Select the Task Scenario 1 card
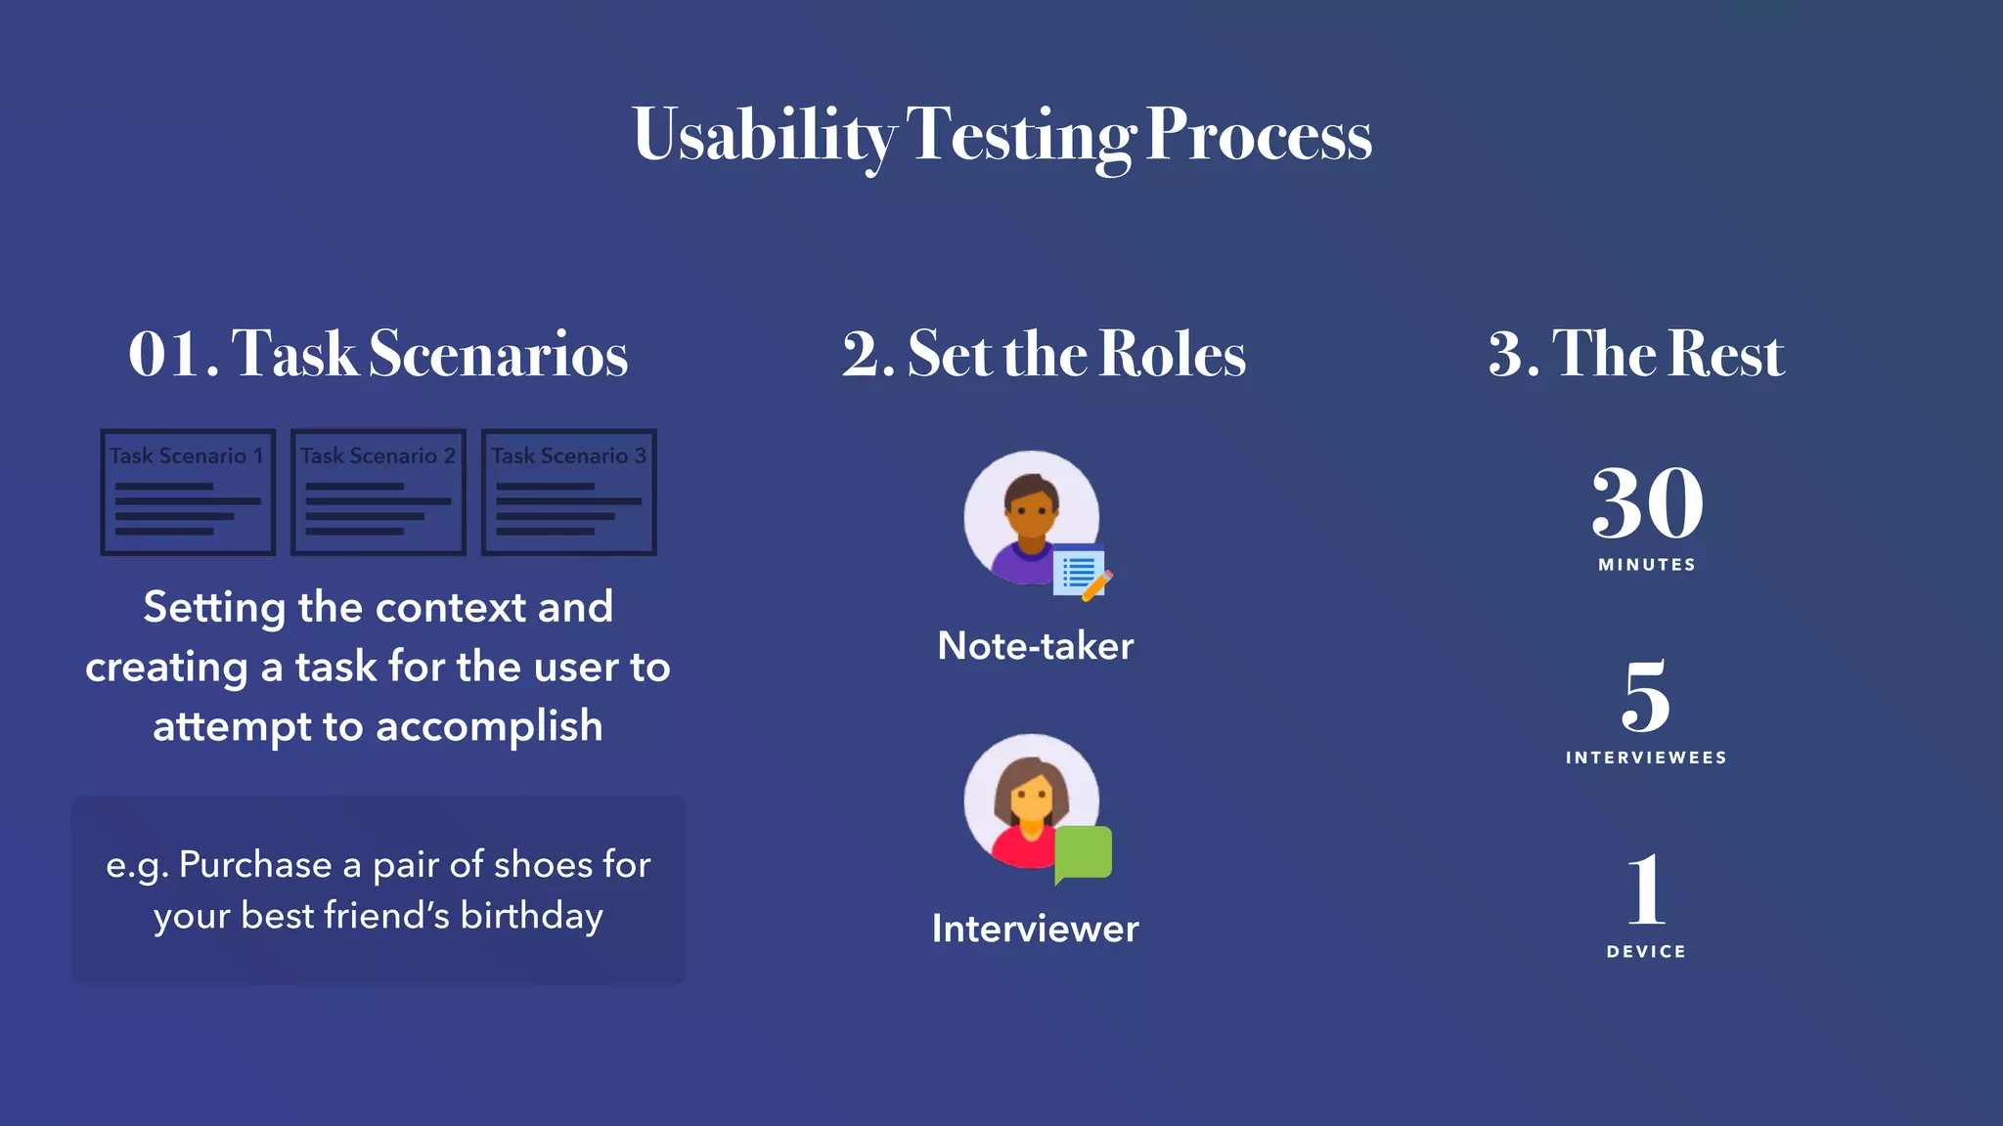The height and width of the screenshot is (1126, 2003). pyautogui.click(x=188, y=493)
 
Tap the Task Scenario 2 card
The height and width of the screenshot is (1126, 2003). pyautogui.click(x=378, y=493)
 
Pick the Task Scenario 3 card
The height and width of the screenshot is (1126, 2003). pyautogui.click(x=569, y=493)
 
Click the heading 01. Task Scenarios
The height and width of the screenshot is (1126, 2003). pyautogui.click(x=378, y=353)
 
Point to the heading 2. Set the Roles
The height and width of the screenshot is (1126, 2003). pyautogui.click(x=1044, y=353)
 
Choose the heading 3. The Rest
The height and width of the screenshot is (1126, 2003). pyautogui.click(x=1636, y=353)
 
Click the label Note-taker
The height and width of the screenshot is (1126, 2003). pyautogui.click(x=1035, y=646)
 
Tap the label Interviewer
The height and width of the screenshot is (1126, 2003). pyautogui.click(x=1035, y=929)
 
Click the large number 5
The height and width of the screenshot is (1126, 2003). pyautogui.click(x=1646, y=696)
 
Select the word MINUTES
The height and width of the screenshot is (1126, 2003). pyautogui.click(x=1647, y=565)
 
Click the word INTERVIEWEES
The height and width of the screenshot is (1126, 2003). pyautogui.click(x=1646, y=758)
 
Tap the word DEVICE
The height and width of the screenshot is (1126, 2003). pyautogui.click(x=1646, y=951)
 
